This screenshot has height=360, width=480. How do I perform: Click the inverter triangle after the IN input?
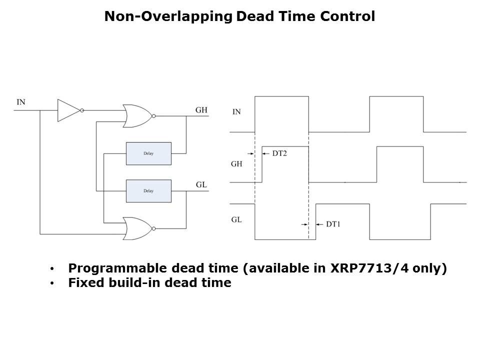click(x=69, y=110)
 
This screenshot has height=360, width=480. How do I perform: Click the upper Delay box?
click(x=149, y=153)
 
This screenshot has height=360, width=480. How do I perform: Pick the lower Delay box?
click(x=149, y=191)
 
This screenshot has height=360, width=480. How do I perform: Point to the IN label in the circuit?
click(x=21, y=102)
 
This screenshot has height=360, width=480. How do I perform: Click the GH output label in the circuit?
click(x=201, y=110)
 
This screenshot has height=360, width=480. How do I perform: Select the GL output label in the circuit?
click(x=201, y=184)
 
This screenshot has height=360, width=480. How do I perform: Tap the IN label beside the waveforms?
click(x=236, y=111)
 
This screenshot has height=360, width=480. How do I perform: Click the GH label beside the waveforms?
click(x=236, y=164)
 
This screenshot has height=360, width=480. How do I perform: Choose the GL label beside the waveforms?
click(x=236, y=219)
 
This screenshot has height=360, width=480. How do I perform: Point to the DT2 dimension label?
click(x=279, y=153)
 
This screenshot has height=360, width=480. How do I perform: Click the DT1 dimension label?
click(x=333, y=224)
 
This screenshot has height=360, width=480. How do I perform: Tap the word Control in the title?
click(x=347, y=16)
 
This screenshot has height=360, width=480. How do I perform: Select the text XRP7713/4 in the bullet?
click(x=369, y=268)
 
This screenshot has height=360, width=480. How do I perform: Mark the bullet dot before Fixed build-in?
click(x=52, y=283)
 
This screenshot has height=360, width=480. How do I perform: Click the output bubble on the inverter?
click(x=82, y=110)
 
